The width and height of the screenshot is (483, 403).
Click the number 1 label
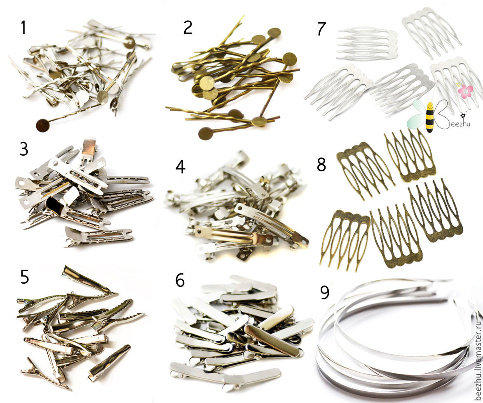coord(23,27)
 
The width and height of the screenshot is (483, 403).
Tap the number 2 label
coord(188,27)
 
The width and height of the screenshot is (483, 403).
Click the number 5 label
coord(24,277)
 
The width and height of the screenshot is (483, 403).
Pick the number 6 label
coord(180,280)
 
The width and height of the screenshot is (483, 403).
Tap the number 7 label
coord(321,29)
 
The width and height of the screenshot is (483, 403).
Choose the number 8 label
coord(321,164)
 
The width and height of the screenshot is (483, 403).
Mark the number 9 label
coord(325,292)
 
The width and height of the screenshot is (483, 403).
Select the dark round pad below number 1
coord(42,125)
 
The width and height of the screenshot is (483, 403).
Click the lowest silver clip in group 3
coord(98,237)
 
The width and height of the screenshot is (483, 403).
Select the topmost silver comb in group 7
coord(431,31)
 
